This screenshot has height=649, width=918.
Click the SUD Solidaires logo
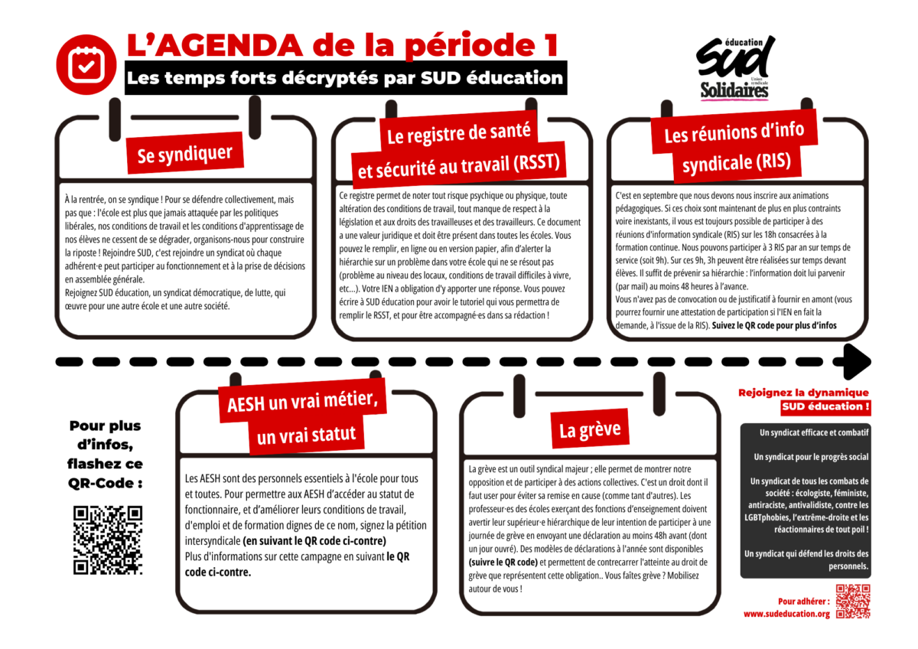pos(734,68)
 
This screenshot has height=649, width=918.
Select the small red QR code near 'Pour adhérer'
pos(852,601)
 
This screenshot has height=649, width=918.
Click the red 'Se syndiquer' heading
pos(184,154)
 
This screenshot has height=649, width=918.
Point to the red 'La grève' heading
pos(589,430)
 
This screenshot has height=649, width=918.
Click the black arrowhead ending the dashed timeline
pos(856,361)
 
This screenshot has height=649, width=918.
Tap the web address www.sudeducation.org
pos(786,614)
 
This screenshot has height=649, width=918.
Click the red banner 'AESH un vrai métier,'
pos(302,401)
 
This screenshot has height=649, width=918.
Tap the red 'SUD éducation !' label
pos(825,406)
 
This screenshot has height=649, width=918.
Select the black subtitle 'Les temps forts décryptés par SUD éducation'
pos(345,78)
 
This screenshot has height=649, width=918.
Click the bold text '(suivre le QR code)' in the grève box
pos(502,563)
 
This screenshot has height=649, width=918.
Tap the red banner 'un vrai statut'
pos(307,435)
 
